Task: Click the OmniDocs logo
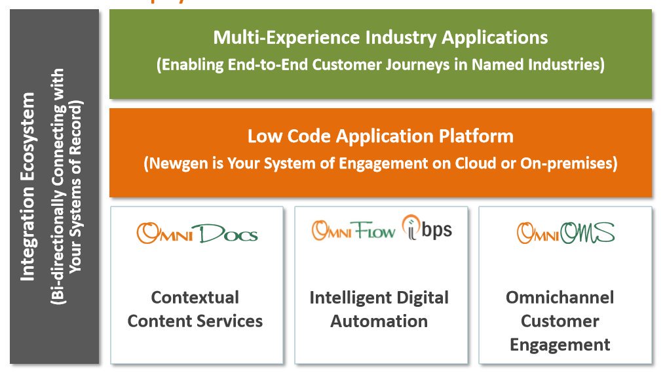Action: [197, 233]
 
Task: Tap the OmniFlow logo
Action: [354, 230]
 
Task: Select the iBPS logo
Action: [427, 228]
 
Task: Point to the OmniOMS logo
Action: [565, 232]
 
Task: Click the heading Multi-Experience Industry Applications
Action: [380, 37]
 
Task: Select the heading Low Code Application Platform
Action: [380, 136]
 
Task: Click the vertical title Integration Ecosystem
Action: [28, 187]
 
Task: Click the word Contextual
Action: [195, 297]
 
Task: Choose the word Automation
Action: [379, 321]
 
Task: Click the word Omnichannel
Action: [560, 297]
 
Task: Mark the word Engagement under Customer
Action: [560, 344]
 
